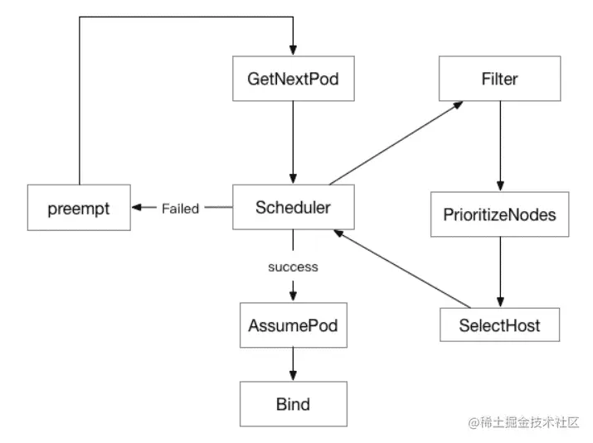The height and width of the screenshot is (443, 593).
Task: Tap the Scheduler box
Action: click(x=293, y=207)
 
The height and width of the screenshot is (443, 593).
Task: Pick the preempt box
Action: click(x=79, y=207)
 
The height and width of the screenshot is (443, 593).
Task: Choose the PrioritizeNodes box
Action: click(x=499, y=214)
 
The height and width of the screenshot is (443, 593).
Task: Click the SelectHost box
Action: click(x=499, y=325)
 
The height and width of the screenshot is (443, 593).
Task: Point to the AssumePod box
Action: click(x=293, y=325)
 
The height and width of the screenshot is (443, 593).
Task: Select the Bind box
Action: click(x=293, y=404)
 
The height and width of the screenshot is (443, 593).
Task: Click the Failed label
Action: click(x=180, y=209)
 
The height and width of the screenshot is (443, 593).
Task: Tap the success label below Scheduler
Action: click(x=293, y=267)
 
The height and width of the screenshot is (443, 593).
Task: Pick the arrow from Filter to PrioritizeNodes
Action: click(x=499, y=146)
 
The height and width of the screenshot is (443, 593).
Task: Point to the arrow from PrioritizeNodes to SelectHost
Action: click(x=499, y=270)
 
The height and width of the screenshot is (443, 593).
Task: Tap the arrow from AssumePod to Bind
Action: click(x=293, y=364)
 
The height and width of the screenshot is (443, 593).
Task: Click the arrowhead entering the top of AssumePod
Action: click(x=293, y=298)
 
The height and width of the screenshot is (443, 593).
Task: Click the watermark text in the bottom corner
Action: click(x=525, y=423)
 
